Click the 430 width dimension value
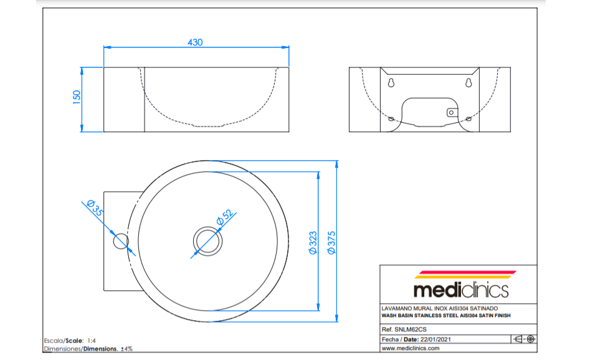point(195,42)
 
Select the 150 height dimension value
point(77,97)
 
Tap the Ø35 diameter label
point(95,208)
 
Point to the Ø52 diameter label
point(225,217)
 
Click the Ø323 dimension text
point(313,242)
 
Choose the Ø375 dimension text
point(331,242)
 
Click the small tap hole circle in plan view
point(121,241)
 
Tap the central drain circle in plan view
point(207,241)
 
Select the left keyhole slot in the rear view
point(391,82)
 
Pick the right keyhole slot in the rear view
point(468,82)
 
